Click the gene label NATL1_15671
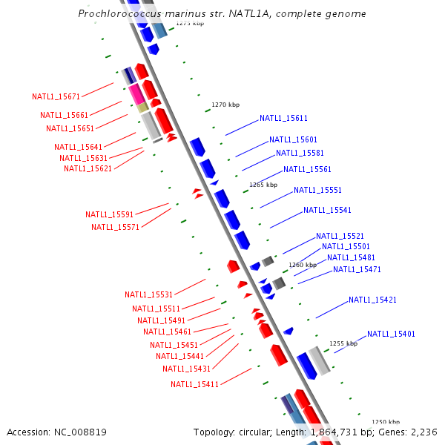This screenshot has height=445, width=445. pos(56,96)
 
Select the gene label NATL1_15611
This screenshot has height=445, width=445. pos(283,118)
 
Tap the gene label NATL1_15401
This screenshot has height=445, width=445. pos(391,334)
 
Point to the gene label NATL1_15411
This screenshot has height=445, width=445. pos(194,384)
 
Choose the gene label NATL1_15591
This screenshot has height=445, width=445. pos(109,214)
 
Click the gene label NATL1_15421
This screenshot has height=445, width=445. pos(372,300)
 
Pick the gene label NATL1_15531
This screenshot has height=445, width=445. pos(148,294)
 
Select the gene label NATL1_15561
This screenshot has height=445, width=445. pos(307,169)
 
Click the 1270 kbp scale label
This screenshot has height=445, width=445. pos(225,105)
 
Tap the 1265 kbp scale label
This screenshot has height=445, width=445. pos(263,185)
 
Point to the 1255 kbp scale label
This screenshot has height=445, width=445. pos(343,343)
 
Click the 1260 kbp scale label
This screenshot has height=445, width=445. pos(303,265)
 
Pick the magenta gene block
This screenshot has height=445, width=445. pos(136,93)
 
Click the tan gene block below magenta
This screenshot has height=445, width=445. pos(143,108)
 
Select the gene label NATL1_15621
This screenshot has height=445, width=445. pos(88,168)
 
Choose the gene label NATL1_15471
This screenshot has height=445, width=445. pos(357,269)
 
